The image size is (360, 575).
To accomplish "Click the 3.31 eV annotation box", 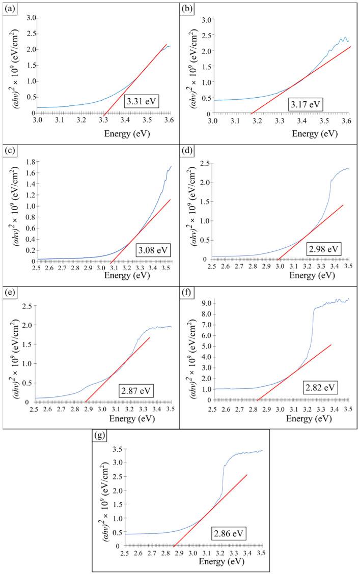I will pyautogui.click(x=144, y=101).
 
